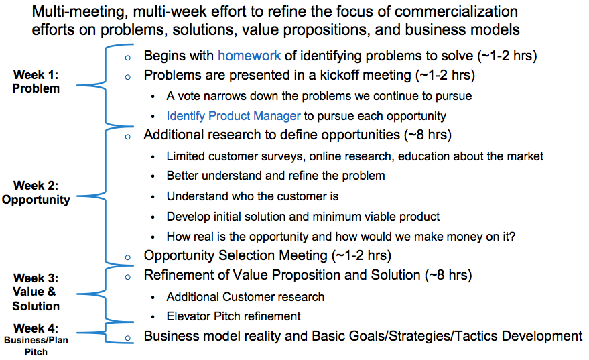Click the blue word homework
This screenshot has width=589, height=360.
point(249,56)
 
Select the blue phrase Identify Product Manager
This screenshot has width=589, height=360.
point(233,116)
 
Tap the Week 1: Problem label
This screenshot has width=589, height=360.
point(36,82)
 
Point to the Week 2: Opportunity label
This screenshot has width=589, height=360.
point(36,192)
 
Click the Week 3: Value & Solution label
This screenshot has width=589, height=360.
point(36,292)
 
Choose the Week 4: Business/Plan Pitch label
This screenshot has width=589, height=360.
point(36,339)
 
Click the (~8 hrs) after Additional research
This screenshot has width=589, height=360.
point(428,135)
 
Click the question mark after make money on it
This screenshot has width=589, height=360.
point(512,237)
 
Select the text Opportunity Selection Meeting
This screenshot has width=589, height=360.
point(236,255)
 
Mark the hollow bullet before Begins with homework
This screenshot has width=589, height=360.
point(128,58)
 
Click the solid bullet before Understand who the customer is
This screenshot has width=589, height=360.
point(153,197)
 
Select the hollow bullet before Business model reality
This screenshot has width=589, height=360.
point(128,338)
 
